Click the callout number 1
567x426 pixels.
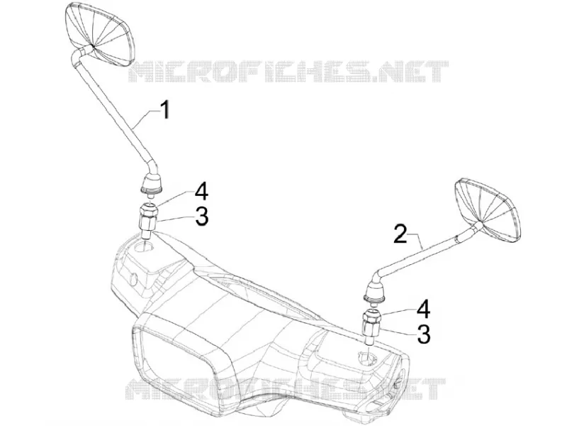point(165,110)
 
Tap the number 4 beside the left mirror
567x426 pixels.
point(201,191)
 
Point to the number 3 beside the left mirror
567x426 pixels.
point(201,217)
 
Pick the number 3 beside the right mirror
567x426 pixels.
point(423,334)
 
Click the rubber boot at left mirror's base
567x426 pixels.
point(151,183)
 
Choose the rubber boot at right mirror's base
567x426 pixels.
point(375,292)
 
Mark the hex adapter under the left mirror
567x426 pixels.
point(148,220)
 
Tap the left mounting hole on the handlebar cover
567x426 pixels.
point(143,247)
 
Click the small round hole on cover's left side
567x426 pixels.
point(133,280)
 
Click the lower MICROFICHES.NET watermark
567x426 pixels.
point(286,388)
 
